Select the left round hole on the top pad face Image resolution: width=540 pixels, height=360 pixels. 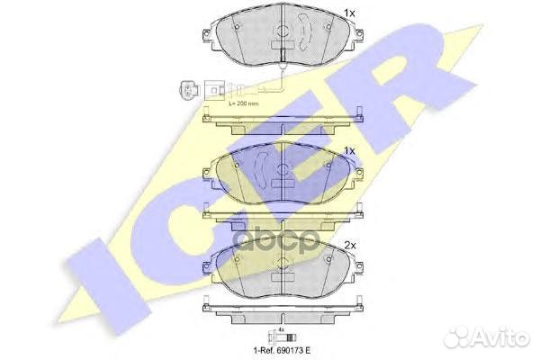236,26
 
